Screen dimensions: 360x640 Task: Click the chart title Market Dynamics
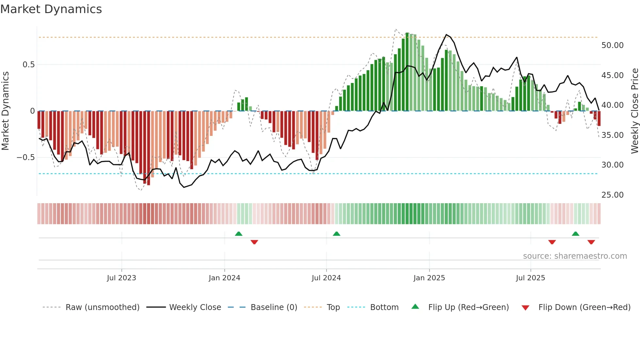point(51,9)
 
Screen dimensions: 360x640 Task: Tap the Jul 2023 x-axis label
point(121,278)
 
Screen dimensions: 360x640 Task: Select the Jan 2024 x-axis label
point(224,278)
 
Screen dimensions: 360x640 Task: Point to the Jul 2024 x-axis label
point(326,278)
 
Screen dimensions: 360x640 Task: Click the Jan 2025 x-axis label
point(429,278)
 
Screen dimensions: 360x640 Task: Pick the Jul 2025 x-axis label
point(531,278)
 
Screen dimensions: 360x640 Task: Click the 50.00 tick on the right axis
point(612,45)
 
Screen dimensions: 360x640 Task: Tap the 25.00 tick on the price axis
point(612,195)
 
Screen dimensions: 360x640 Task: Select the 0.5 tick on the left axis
point(29,65)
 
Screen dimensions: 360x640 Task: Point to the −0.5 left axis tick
point(26,157)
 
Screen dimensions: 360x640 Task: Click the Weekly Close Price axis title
point(634,111)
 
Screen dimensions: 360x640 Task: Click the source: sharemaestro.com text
point(575,256)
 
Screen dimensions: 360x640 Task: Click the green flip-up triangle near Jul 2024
point(336,234)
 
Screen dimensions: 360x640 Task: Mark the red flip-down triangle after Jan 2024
point(254,242)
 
